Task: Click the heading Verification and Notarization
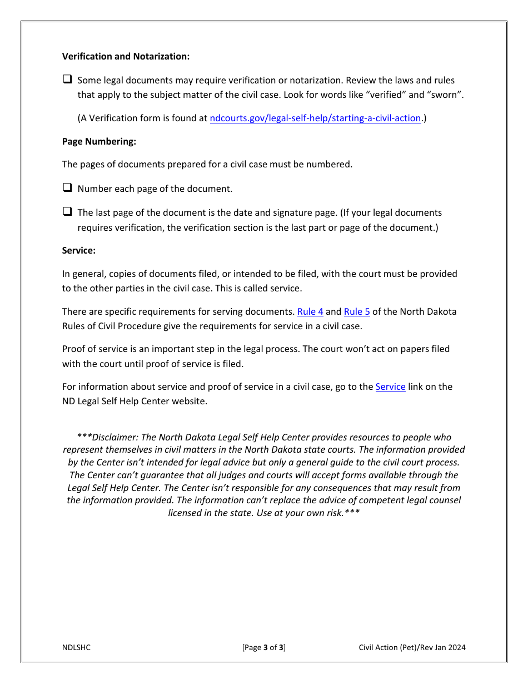point(126,57)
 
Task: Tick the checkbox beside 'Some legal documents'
point(67,80)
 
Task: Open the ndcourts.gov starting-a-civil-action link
point(315,118)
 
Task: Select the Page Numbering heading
point(99,141)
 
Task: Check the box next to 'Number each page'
point(67,188)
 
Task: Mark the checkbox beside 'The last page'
point(67,212)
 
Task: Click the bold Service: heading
point(79,250)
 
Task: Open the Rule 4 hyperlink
point(310,311)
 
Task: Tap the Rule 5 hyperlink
point(357,311)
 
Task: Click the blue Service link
point(390,386)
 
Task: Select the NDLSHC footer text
point(76,647)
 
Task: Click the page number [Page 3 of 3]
point(264,647)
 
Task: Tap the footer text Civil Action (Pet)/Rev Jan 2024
point(412,647)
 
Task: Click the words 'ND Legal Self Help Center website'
point(135,401)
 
